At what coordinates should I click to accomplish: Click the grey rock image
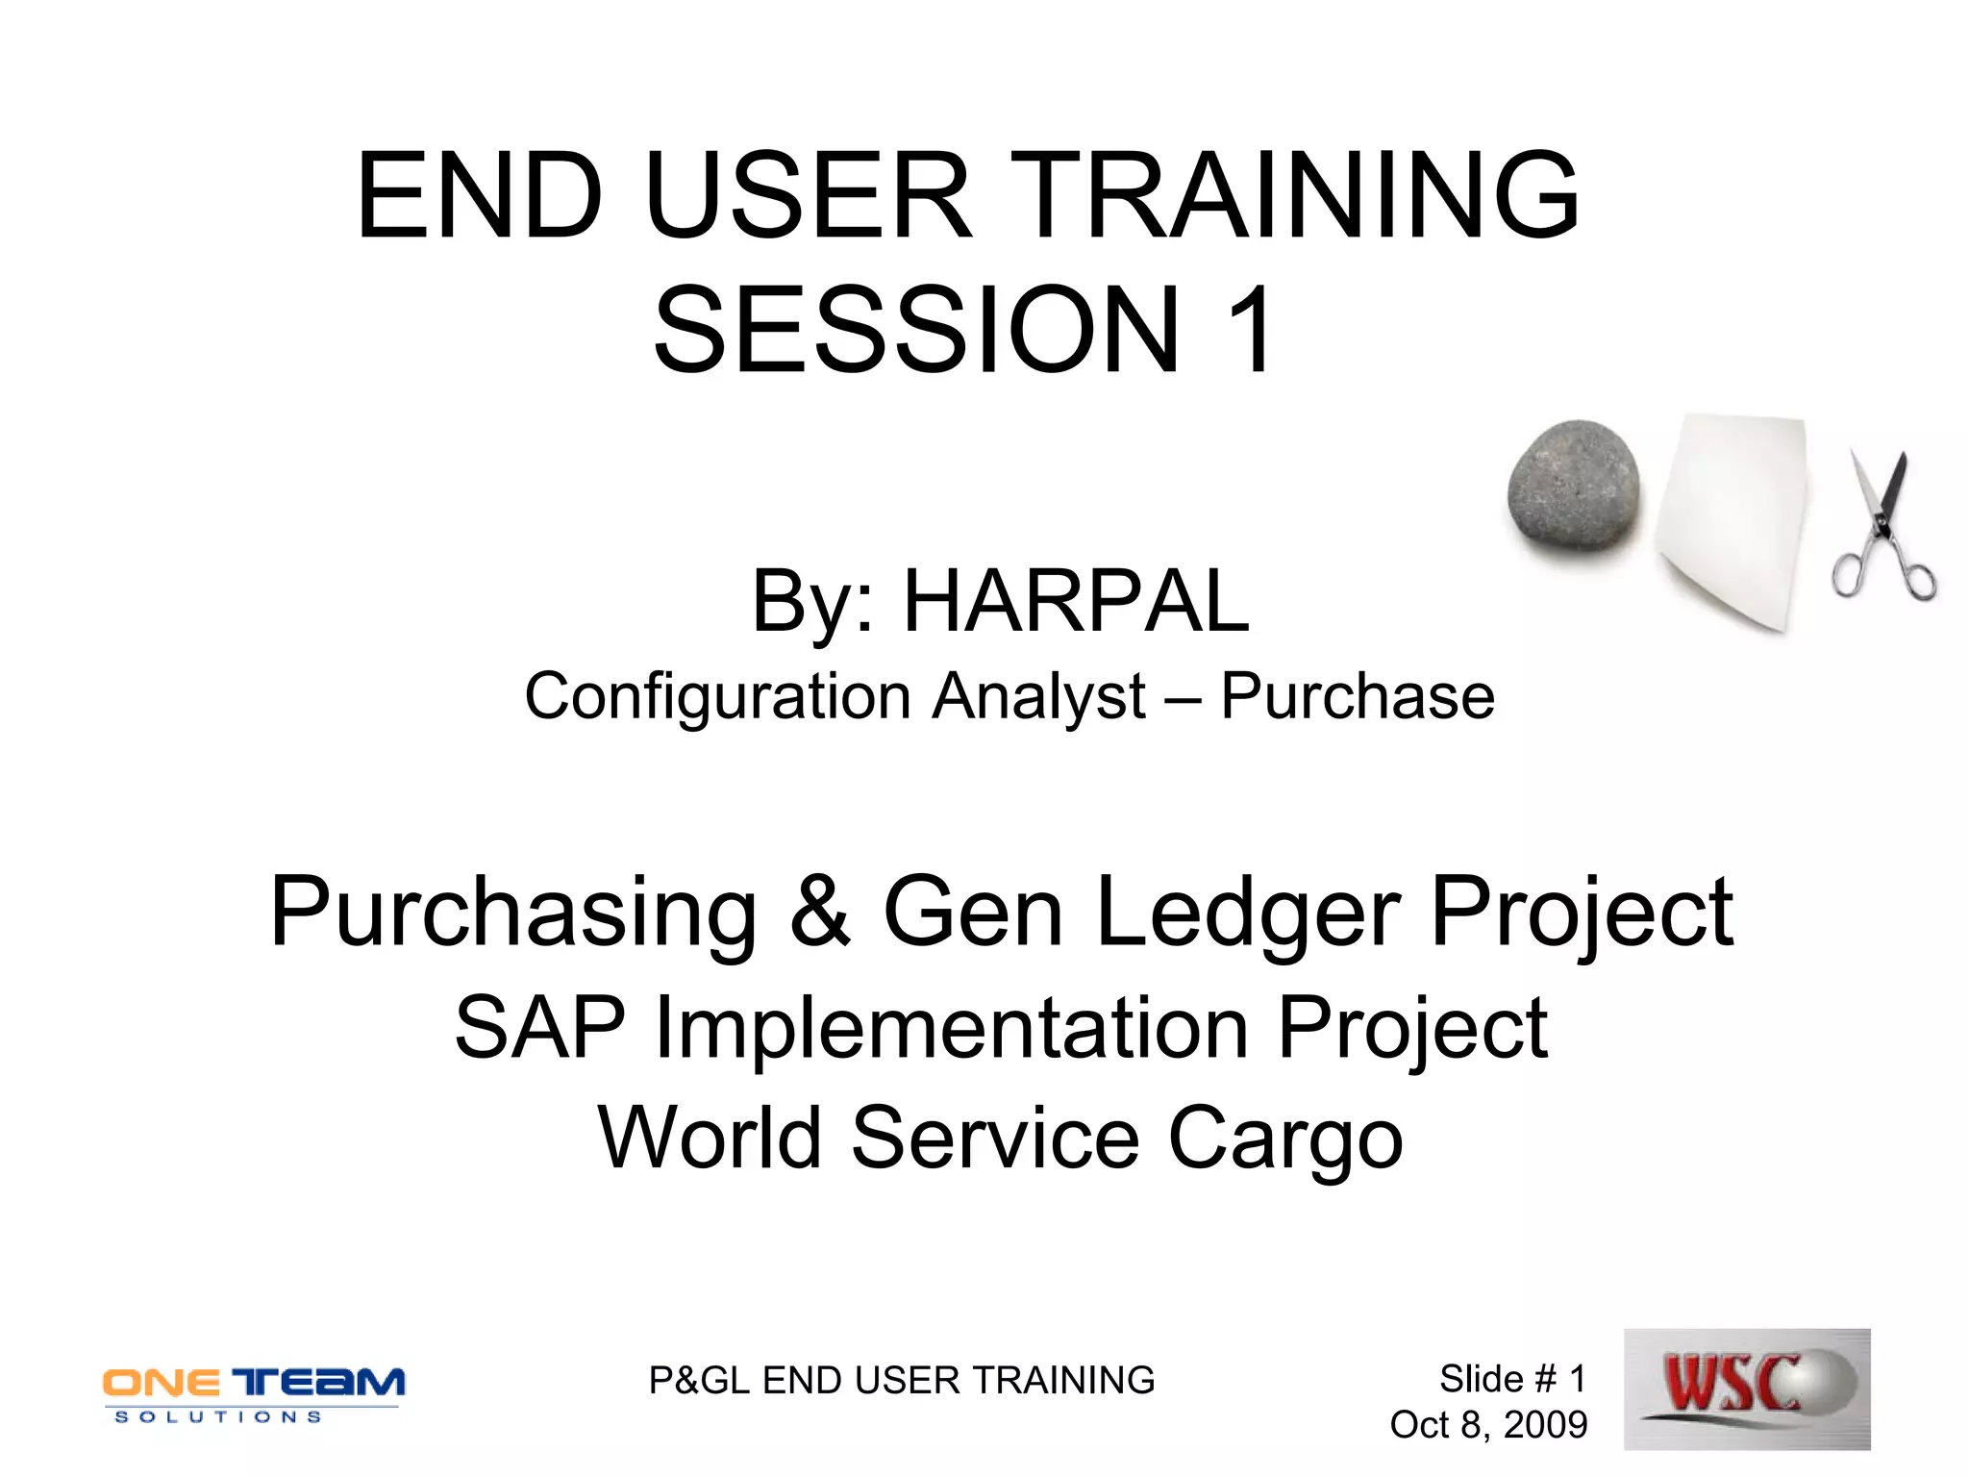pos(1574,486)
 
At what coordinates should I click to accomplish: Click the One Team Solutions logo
pos(254,1391)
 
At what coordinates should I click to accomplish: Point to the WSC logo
pos(1746,1388)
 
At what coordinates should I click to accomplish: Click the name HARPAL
pos(1076,602)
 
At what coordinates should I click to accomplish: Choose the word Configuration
pos(717,696)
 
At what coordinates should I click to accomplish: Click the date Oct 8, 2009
pos(1488,1424)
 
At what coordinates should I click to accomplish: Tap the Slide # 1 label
pos(1511,1379)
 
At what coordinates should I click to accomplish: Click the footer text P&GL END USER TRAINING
pos(901,1380)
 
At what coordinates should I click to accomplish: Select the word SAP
pos(539,1028)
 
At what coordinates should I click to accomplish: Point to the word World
pos(710,1139)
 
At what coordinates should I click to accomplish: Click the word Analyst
pos(1038,696)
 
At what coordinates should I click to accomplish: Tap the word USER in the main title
pos(809,196)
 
